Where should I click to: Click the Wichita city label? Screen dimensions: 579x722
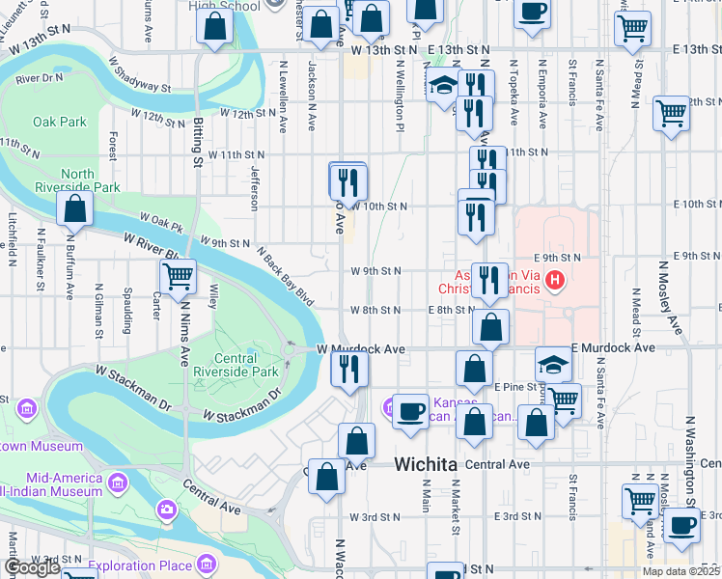425,465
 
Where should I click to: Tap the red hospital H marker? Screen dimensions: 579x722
554,282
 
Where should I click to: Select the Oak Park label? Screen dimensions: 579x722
60,123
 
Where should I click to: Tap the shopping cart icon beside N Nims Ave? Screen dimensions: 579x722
178,278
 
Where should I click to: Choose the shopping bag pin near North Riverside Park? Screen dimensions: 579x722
74,209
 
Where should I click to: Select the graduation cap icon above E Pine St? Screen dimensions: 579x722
554,364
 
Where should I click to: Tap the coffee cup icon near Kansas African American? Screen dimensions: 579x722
410,412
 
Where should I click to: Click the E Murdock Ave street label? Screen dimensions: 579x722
613,347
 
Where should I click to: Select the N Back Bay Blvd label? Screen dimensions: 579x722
286,275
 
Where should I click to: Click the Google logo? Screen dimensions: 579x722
32,567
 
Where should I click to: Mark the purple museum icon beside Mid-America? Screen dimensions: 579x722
118,481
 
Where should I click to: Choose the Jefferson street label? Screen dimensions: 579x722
255,187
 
